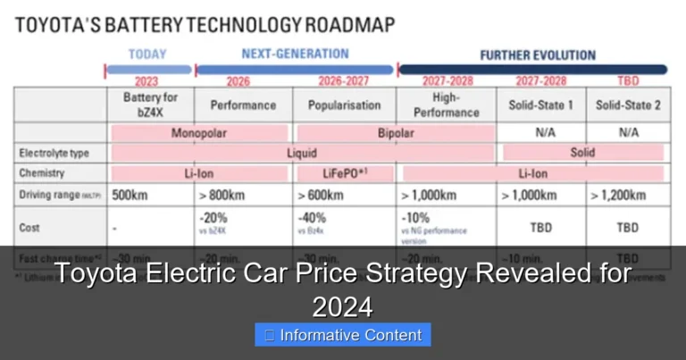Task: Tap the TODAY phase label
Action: [x=147, y=54]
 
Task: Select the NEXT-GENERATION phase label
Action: [x=296, y=54]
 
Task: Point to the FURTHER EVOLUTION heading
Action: [x=537, y=55]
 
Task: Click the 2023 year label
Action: [x=146, y=81]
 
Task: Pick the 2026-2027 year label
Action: [x=343, y=81]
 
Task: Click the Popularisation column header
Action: [x=343, y=105]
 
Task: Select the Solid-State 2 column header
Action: [x=628, y=105]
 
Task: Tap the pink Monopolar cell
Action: [x=198, y=133]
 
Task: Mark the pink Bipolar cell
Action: [x=393, y=133]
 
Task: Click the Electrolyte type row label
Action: [x=54, y=154]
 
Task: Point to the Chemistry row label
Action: [x=41, y=173]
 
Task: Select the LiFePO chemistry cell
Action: [x=345, y=173]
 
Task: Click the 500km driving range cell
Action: [x=131, y=195]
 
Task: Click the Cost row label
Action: [x=29, y=228]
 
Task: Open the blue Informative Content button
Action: [x=343, y=336]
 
